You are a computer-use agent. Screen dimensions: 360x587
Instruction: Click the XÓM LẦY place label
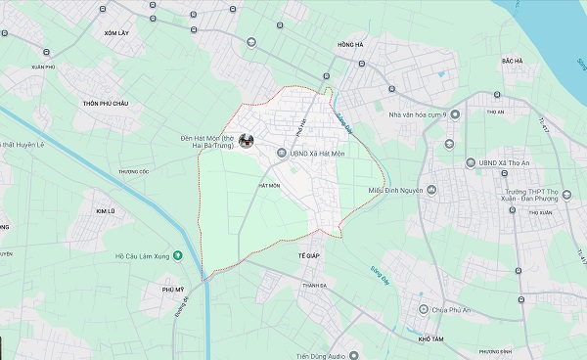116,32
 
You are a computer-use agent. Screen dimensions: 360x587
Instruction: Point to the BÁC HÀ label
512,61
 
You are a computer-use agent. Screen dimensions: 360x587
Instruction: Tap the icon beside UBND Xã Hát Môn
282,153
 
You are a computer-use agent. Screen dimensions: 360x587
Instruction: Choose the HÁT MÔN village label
269,185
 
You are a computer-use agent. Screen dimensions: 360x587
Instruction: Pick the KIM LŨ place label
105,211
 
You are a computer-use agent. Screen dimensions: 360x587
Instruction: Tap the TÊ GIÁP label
309,254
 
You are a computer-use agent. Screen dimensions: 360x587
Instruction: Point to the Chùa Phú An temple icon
423,309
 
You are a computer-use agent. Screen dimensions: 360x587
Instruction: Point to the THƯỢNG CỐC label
133,171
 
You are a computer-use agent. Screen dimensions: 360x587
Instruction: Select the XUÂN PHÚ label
42,67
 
